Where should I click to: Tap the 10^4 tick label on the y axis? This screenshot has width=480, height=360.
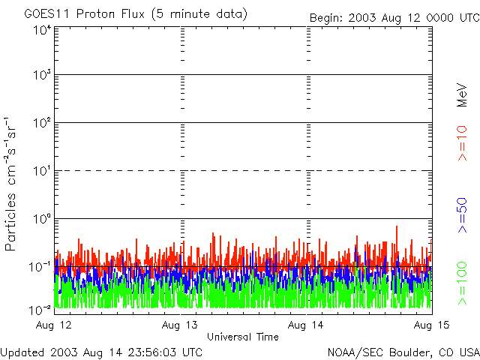[42, 30]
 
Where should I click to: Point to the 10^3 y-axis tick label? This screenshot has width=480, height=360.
[42, 75]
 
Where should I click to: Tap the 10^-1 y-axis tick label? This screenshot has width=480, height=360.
[40, 266]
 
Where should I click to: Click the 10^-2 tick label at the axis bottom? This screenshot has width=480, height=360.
[40, 309]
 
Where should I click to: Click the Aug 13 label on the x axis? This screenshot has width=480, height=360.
[181, 325]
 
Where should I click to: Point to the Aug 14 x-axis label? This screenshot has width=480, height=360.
[307, 325]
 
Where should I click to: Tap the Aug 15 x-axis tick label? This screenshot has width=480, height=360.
[430, 325]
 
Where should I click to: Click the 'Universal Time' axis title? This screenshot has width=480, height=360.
[243, 337]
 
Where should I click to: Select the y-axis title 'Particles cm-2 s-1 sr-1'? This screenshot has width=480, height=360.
[12, 183]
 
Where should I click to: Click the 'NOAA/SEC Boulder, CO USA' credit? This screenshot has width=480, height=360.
[403, 352]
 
